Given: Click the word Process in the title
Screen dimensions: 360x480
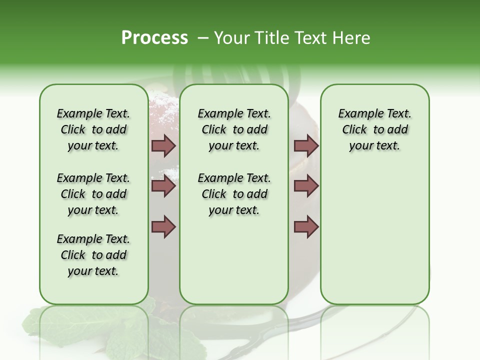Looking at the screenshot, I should [154, 38].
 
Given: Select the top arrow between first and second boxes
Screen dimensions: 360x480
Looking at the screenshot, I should [163, 145].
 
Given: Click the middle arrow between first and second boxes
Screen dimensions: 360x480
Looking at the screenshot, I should [163, 186].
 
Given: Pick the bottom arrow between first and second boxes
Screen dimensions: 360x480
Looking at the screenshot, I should [163, 226].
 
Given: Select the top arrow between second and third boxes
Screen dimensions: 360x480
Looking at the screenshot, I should [306, 145].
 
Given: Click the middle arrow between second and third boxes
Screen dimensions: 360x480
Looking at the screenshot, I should [306, 186].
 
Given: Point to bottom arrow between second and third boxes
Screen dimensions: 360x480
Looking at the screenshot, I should [306, 226].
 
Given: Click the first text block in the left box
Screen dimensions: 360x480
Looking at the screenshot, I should [93, 129].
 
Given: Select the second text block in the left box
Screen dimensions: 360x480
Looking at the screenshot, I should [93, 194].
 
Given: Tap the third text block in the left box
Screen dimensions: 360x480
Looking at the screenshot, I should [93, 255].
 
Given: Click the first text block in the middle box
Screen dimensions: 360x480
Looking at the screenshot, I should [234, 129].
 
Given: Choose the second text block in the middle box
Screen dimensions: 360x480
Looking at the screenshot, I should [234, 194].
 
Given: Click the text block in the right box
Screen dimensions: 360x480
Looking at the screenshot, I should [374, 129].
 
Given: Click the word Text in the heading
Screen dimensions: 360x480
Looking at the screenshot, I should [310, 38].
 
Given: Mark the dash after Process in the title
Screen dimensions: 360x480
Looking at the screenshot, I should [203, 38].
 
